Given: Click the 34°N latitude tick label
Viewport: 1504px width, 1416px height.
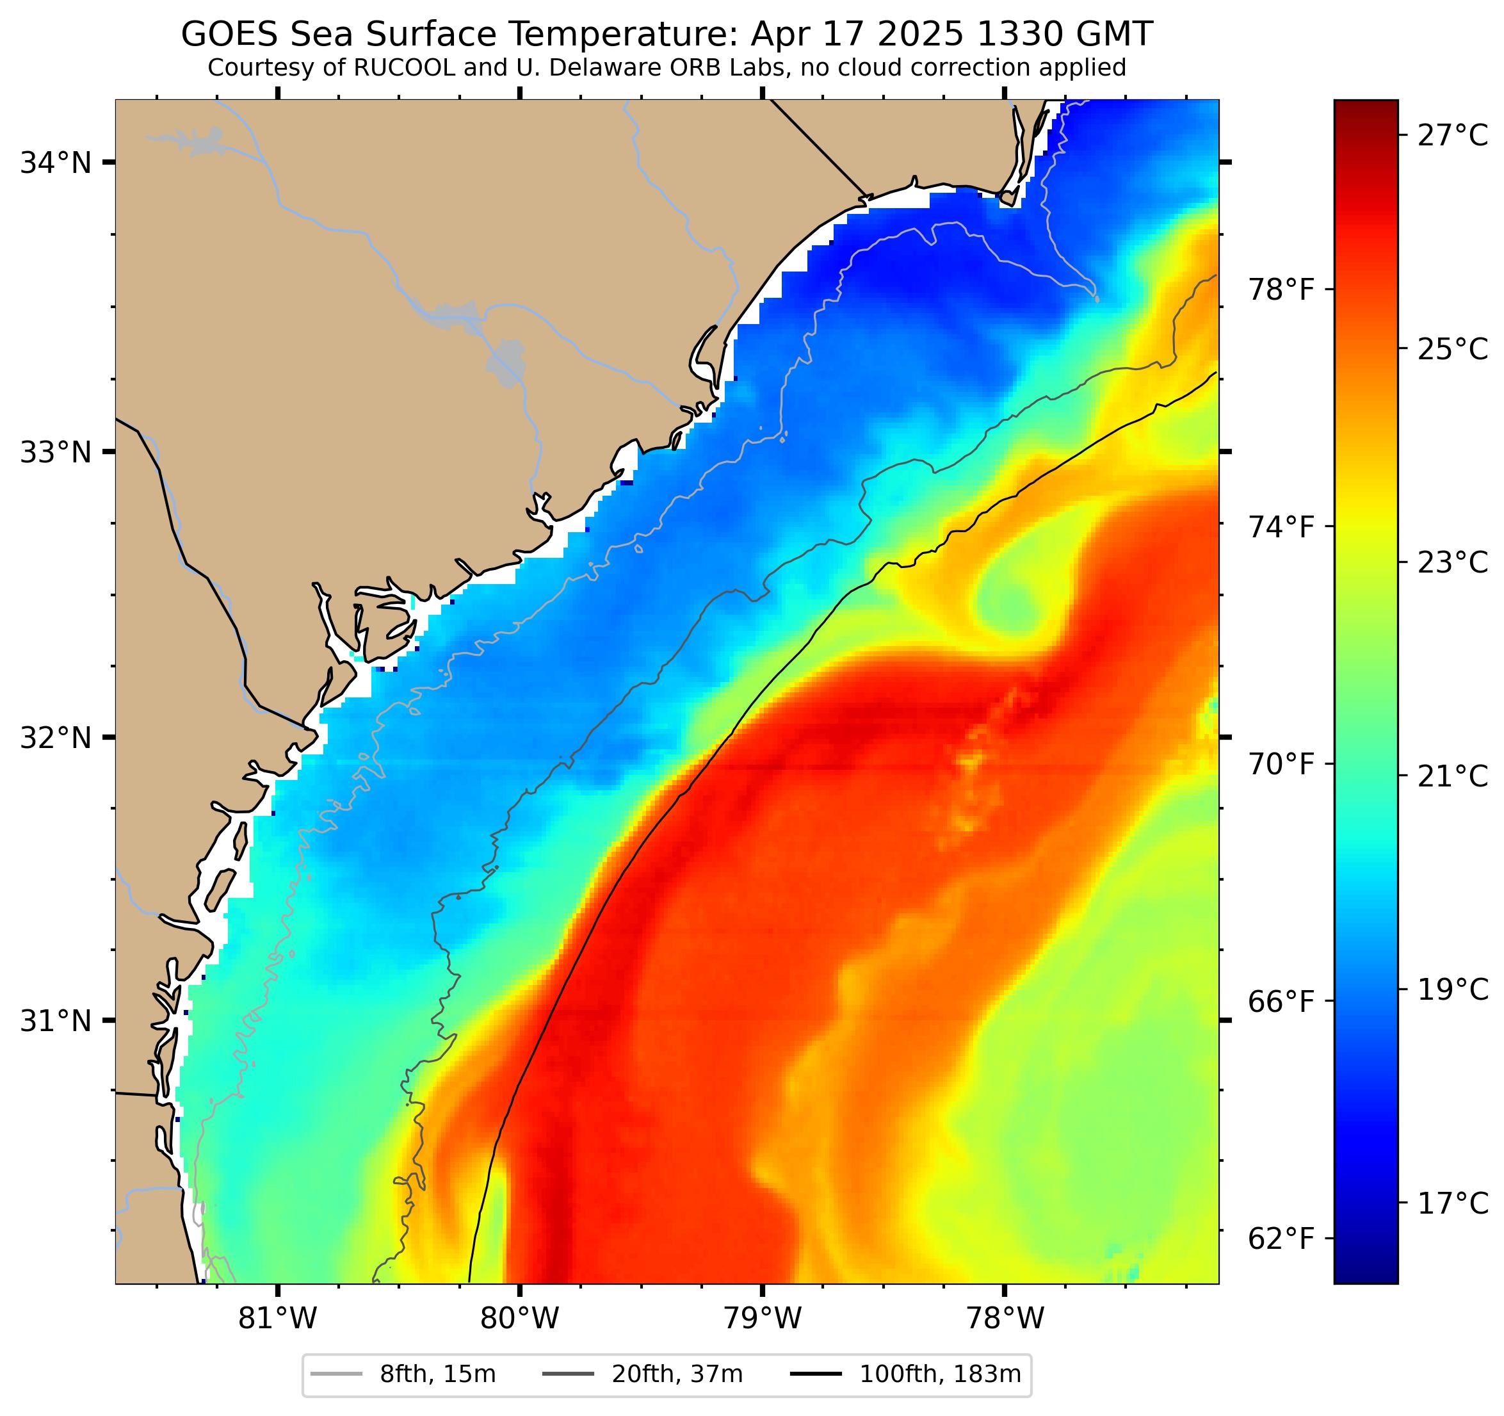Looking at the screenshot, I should [55, 162].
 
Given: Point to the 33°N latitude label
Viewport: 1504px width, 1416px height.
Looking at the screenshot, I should [55, 453].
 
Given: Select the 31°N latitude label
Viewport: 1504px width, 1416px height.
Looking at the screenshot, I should [55, 1021].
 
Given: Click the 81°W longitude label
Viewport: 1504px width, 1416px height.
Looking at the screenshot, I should [278, 1319].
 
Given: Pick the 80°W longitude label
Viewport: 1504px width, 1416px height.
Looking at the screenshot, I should [520, 1319].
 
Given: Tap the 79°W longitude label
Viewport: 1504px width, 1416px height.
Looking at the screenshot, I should [762, 1319].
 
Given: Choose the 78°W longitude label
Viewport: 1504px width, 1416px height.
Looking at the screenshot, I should [1005, 1319].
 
